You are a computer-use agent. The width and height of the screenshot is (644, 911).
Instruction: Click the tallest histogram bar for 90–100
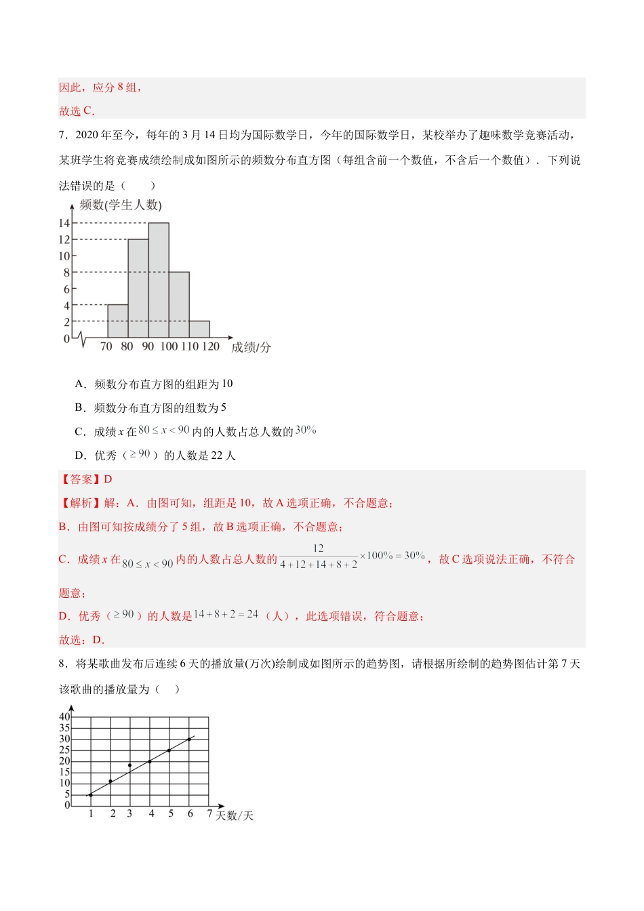coord(159,280)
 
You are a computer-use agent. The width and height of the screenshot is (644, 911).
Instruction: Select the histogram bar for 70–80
coord(118,321)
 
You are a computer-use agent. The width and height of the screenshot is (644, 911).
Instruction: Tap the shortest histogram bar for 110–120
coord(199,329)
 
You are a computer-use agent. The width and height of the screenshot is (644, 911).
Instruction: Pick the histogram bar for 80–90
coord(138,288)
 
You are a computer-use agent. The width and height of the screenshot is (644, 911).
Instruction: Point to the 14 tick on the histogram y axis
coord(64,223)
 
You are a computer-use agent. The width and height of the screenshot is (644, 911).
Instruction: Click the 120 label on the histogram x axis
coord(211,346)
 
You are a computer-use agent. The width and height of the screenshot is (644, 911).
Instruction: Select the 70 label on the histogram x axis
coord(106,346)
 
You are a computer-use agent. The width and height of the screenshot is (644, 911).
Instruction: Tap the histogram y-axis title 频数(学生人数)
coord(121,205)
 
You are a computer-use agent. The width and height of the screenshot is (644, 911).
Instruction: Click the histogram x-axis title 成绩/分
coord(251,347)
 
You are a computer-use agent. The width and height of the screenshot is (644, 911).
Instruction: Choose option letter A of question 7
coord(80,384)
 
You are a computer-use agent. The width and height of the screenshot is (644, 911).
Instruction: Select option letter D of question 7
coord(80,455)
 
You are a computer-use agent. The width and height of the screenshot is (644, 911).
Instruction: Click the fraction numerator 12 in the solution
coord(318,548)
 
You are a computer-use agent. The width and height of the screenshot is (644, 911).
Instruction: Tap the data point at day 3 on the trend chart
coord(129,765)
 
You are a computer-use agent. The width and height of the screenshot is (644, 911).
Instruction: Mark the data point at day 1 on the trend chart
coord(90,794)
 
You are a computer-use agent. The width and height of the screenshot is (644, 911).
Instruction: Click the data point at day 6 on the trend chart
coord(189,740)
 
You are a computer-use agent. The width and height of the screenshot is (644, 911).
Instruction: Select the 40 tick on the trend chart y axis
coord(64,716)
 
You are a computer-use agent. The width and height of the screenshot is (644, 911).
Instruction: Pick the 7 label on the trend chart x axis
coord(209,813)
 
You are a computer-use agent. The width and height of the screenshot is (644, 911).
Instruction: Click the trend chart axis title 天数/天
coord(235,815)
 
